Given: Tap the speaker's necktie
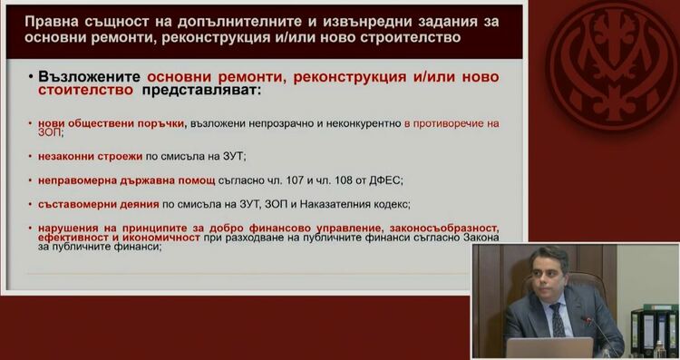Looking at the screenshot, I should (556, 321).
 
